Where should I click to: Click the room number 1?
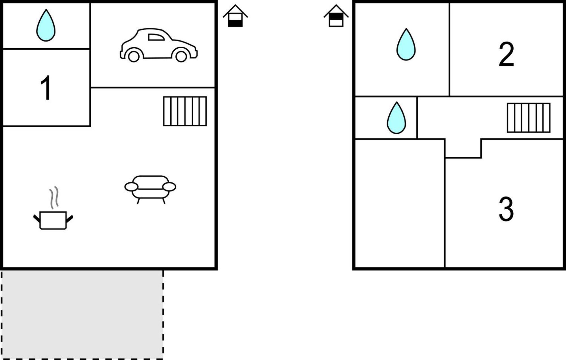pos(46,88)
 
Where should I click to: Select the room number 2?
pos(506,54)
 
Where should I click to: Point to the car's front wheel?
pos(181,57)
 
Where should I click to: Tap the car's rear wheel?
pos(134,57)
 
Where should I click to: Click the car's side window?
pos(156,37)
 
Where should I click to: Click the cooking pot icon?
pos(53,220)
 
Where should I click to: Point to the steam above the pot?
pos(54,197)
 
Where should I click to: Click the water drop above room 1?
pos(46,25)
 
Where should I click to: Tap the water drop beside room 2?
pos(406,44)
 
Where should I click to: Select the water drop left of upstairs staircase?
pos(396,118)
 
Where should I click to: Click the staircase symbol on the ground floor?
pos(185,111)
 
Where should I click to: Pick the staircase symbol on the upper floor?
pos(529,118)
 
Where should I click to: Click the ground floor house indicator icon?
pos(235,16)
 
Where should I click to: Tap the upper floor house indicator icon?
pos(336,16)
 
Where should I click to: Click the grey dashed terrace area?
pos(82,315)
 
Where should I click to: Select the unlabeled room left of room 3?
pos(400,203)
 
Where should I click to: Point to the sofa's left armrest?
pos(131,187)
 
